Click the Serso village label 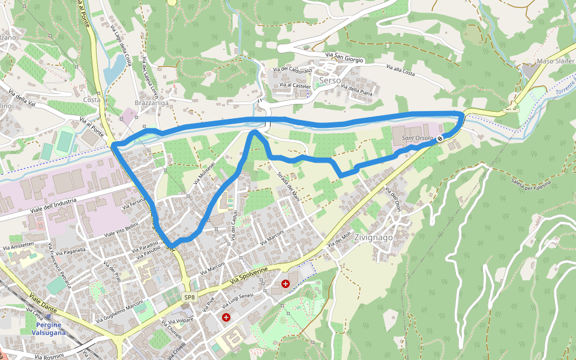pos(330,80)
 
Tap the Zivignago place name pos(373,238)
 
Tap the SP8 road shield pos(190,297)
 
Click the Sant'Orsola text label pos(416,139)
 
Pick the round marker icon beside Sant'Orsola pos(440,139)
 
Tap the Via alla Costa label pos(401,70)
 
